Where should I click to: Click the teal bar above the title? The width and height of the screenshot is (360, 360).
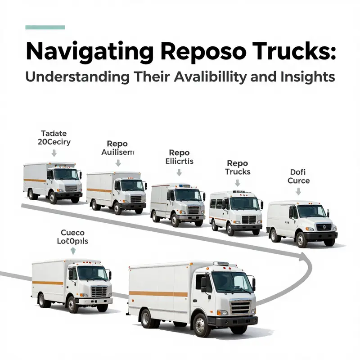45,27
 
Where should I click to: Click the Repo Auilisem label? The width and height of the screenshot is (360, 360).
117,148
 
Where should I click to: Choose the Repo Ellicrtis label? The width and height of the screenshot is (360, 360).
179,157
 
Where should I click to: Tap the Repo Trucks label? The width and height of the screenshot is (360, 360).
238,167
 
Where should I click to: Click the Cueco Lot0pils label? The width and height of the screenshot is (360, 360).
73,237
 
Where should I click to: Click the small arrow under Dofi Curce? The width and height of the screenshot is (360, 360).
298,191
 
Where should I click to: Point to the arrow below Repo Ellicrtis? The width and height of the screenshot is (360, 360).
179,172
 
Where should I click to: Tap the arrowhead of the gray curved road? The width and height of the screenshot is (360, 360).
301,257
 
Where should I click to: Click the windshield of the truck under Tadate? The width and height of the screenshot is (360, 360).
66,174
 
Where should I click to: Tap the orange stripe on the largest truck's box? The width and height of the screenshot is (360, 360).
158,294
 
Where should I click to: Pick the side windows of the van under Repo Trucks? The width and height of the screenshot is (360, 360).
216,203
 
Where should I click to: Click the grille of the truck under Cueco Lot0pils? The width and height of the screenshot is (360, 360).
99,291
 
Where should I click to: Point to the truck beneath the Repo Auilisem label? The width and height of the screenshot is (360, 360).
117,191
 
